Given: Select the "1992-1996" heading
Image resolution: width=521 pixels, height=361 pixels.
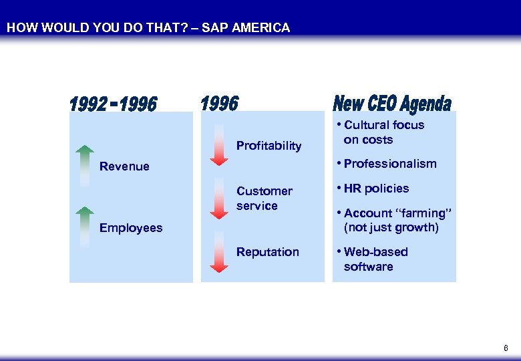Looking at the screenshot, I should [x=114, y=105].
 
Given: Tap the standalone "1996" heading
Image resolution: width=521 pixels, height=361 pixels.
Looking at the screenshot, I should [x=219, y=104].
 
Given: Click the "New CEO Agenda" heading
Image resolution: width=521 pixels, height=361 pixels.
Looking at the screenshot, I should [x=392, y=104].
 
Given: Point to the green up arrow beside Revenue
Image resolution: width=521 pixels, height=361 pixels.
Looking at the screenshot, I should [x=84, y=164].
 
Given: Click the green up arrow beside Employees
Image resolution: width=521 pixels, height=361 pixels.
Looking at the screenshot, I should [x=84, y=226].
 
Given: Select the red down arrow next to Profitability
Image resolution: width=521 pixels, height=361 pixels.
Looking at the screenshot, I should [x=219, y=144].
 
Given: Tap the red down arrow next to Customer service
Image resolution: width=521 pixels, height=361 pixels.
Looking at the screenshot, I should [x=219, y=199].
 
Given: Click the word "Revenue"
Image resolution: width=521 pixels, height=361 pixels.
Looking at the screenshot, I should [x=124, y=166].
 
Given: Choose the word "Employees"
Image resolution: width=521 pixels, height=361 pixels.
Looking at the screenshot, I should [x=131, y=228].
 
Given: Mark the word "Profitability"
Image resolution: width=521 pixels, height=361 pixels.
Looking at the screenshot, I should [x=269, y=146].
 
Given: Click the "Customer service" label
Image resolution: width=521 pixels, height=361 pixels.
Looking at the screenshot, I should [x=264, y=199].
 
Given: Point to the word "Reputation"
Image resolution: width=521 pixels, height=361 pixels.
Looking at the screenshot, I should [x=268, y=252].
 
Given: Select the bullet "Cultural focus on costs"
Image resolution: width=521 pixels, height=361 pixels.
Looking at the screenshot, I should [x=383, y=132].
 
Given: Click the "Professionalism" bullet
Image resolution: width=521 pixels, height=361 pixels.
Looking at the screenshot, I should [x=389, y=164].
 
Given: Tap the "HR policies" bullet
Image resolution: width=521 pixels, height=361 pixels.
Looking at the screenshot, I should [x=375, y=189].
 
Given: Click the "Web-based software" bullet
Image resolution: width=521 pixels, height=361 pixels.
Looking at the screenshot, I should [x=375, y=259].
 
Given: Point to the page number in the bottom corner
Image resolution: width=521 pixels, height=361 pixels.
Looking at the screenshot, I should [x=506, y=348].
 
